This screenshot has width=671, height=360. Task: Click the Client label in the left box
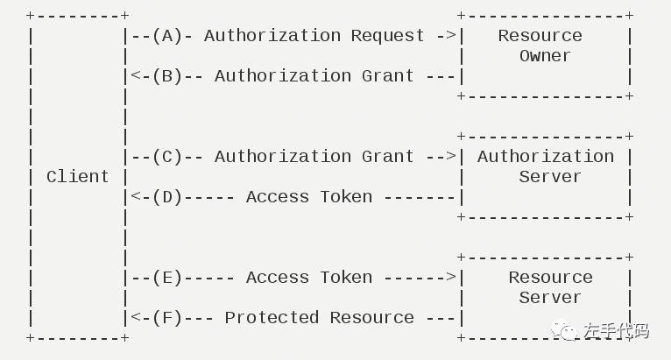[77, 177]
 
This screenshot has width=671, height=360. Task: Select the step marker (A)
[166, 36]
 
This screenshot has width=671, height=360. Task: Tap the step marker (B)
[166, 76]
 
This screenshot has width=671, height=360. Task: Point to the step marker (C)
[166, 157]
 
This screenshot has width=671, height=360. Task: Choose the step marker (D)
[166, 197]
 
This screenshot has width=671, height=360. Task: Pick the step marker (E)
[166, 278]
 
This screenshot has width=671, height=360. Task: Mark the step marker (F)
[166, 318]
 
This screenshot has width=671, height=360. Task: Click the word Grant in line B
[387, 76]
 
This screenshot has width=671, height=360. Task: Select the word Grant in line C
[387, 157]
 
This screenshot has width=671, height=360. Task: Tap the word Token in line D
[346, 197]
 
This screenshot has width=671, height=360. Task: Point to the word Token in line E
[346, 278]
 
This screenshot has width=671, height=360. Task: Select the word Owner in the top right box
[545, 56]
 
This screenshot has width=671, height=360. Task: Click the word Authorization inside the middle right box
[545, 157]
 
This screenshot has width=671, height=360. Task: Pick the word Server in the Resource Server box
[549, 298]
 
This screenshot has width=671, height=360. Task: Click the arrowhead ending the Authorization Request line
[451, 36]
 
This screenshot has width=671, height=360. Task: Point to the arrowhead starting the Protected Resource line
[135, 318]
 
